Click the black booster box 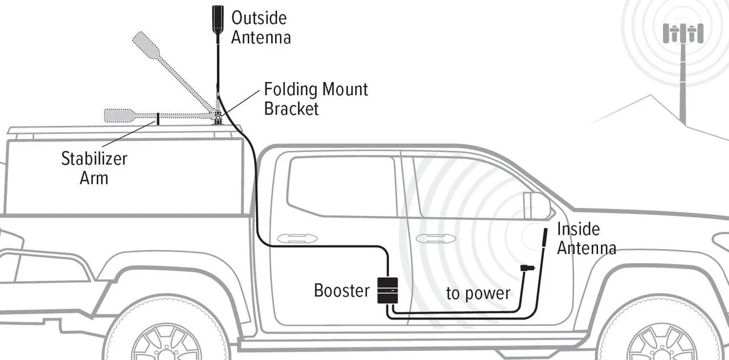387,290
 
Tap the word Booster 342,291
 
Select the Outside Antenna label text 260,27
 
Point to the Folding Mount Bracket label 316,99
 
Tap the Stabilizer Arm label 94,167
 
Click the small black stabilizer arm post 158,118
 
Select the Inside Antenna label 585,238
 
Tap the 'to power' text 478,293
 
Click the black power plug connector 527,268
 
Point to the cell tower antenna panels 683,32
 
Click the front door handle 436,238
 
